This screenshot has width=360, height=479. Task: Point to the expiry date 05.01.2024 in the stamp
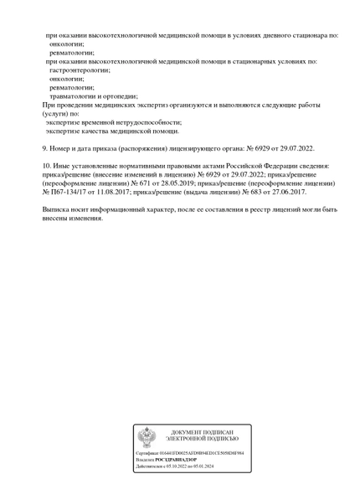tap(203, 466)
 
